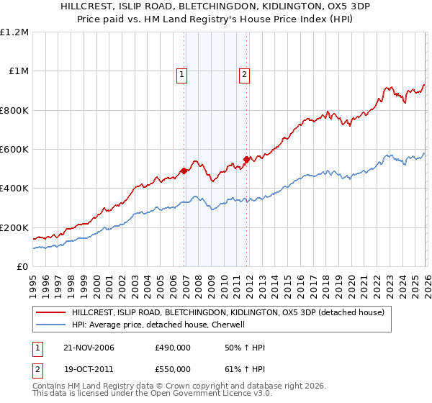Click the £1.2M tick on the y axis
(14, 32)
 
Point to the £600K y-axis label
(14, 150)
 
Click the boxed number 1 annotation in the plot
(182, 73)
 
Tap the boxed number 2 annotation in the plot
(245, 73)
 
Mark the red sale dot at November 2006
(184, 171)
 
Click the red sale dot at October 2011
(246, 159)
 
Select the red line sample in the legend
(51, 312)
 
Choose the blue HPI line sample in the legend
(51, 325)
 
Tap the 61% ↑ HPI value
(245, 368)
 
